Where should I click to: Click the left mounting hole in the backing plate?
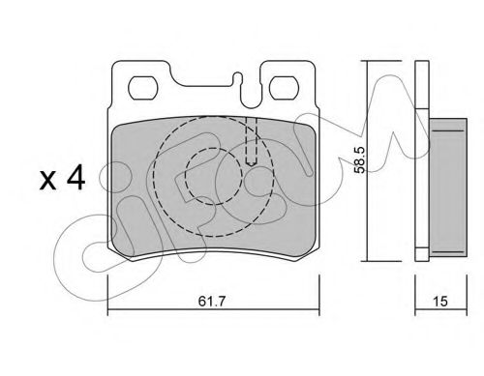(x=145, y=86)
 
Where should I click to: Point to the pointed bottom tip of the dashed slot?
(x=251, y=166)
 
